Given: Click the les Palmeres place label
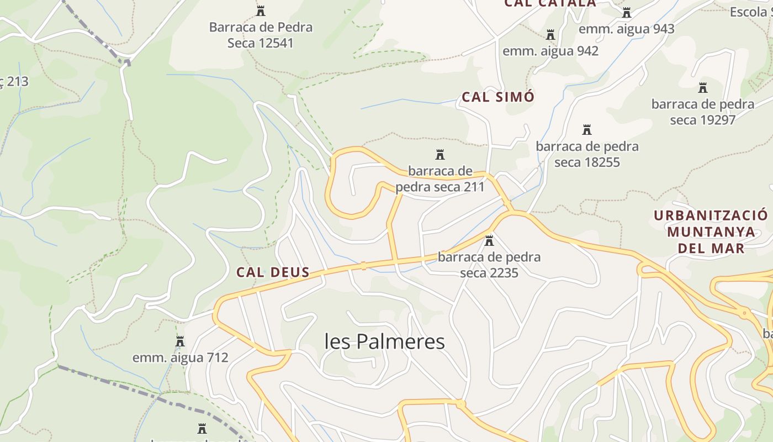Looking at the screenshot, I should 384,341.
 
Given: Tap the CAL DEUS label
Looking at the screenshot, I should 272,272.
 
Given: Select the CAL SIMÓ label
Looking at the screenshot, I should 498,97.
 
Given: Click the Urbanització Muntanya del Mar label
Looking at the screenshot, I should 711,231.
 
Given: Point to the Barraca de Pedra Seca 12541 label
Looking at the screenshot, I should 261,35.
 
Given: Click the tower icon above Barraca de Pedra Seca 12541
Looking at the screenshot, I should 261,10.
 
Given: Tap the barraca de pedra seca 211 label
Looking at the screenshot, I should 440,179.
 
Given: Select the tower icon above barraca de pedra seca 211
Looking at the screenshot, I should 440,155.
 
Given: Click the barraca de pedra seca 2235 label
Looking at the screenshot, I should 489,265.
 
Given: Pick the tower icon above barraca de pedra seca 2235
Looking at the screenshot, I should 489,241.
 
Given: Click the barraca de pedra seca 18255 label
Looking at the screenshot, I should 587,155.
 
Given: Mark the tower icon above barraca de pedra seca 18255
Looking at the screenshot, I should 587,130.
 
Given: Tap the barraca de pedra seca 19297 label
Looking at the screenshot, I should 702,112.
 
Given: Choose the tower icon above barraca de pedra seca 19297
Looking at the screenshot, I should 702,88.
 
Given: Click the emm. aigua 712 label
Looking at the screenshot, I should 180,358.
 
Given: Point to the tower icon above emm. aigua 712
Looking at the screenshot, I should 180,341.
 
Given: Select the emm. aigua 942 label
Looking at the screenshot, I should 550,51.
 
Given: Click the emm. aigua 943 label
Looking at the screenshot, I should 626,29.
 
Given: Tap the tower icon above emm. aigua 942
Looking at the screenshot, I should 550,35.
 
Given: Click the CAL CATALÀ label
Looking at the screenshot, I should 550,3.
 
